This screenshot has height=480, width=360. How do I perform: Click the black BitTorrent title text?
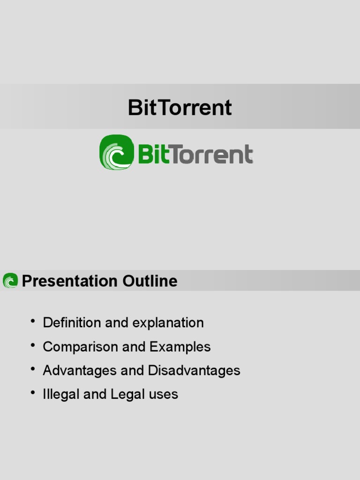[180, 107]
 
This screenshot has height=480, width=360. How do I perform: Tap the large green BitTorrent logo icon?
[116, 152]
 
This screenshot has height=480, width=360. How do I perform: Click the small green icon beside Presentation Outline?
[10, 281]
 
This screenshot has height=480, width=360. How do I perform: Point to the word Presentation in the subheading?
[70, 281]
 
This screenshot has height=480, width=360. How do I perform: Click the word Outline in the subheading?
[150, 281]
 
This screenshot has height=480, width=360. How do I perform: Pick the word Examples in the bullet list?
[180, 347]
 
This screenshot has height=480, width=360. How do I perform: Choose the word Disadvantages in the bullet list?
[194, 370]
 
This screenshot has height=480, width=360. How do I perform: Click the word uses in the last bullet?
[164, 395]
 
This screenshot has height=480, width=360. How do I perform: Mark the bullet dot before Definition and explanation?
[33, 321]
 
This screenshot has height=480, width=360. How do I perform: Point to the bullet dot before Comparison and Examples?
[33, 345]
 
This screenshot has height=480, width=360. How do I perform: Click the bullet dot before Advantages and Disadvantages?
[33, 369]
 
